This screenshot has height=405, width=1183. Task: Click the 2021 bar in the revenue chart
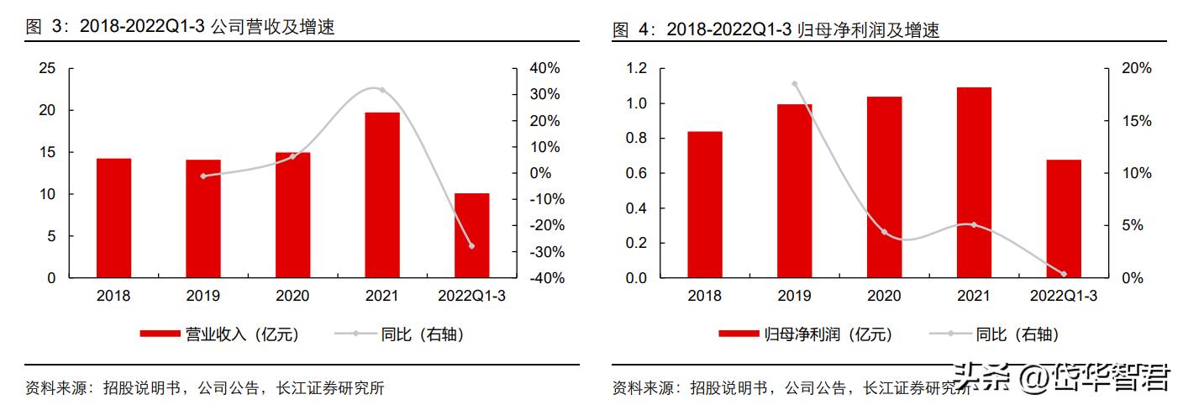pos(382,195)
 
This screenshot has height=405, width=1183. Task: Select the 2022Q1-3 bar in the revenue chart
pos(471,235)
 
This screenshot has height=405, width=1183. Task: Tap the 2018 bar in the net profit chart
pos(704,204)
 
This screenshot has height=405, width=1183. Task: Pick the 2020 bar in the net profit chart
pos(884,187)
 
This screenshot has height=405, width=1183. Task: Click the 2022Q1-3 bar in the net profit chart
pos(1064,218)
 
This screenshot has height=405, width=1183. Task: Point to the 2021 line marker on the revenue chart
pos(382,90)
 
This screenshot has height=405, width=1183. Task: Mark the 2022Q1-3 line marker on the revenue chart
pos(471,246)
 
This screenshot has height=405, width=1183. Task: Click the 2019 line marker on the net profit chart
pos(794,84)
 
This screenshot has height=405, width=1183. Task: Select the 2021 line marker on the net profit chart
pos(974,224)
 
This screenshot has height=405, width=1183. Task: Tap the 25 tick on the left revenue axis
pos(48,68)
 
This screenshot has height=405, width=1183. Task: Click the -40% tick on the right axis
pos(543,278)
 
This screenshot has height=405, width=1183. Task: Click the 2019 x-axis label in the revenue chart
pos(203,296)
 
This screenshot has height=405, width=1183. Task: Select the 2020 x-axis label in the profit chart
pos(884,296)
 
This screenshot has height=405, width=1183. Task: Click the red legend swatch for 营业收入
pos(160,334)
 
